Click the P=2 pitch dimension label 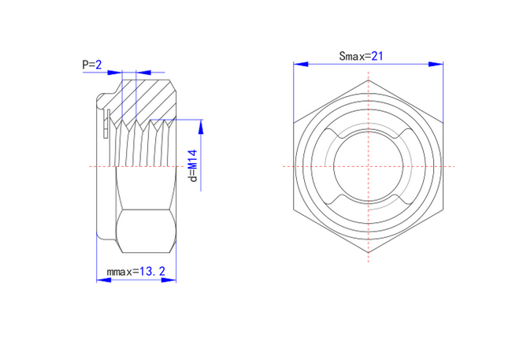coord(92,65)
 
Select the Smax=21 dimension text coord(361,56)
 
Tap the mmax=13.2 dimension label coord(135,272)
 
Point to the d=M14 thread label coord(193,165)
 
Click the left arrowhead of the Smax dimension coord(301,64)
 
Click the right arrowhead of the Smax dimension coord(436,64)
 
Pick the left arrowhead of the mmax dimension coord(104,280)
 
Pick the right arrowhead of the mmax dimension coord(169,280)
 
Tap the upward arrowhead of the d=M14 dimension coord(201,127)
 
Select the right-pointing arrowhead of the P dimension coord(114,72)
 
